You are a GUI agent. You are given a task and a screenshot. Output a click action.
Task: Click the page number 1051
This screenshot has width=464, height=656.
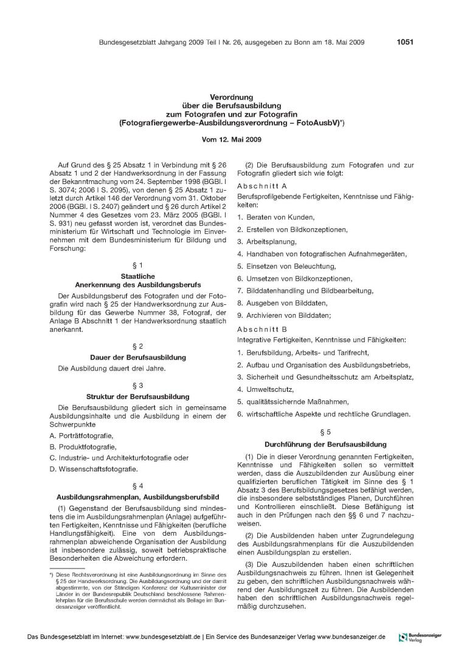pyautogui.click(x=405, y=42)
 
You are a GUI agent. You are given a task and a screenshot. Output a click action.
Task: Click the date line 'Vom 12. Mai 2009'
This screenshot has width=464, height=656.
pyautogui.click(x=232, y=139)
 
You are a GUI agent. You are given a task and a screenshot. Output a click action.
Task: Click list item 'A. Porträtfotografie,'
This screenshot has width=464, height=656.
pyautogui.click(x=81, y=436)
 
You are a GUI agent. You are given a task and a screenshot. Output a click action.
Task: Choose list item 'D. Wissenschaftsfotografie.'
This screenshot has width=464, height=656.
pyautogui.click(x=94, y=468)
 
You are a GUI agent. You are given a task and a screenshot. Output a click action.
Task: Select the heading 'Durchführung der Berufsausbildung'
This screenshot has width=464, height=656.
pyautogui.click(x=325, y=444)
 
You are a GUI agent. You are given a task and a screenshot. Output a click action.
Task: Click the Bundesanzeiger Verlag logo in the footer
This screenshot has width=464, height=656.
pyautogui.click(x=420, y=637)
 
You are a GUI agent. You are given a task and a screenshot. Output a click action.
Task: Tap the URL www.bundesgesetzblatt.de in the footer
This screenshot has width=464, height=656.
pyautogui.click(x=173, y=637)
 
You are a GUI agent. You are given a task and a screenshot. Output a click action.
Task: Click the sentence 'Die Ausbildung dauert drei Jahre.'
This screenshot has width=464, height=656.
pyautogui.click(x=108, y=368)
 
